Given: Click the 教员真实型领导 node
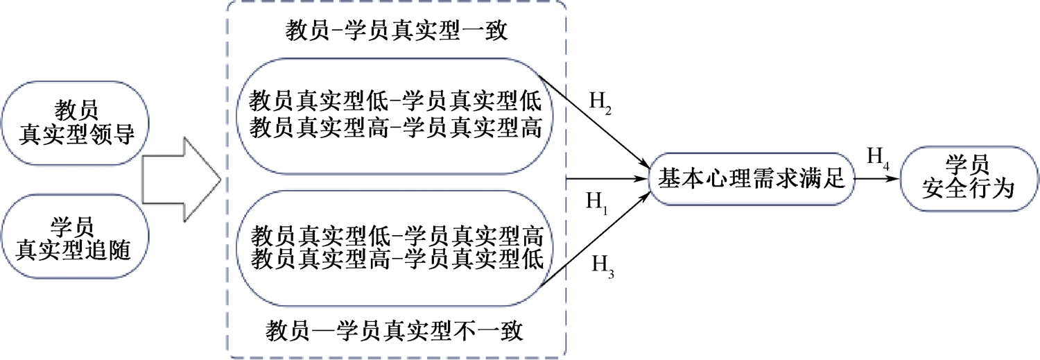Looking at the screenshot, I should (75, 123).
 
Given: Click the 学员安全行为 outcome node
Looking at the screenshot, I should (968, 178).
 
